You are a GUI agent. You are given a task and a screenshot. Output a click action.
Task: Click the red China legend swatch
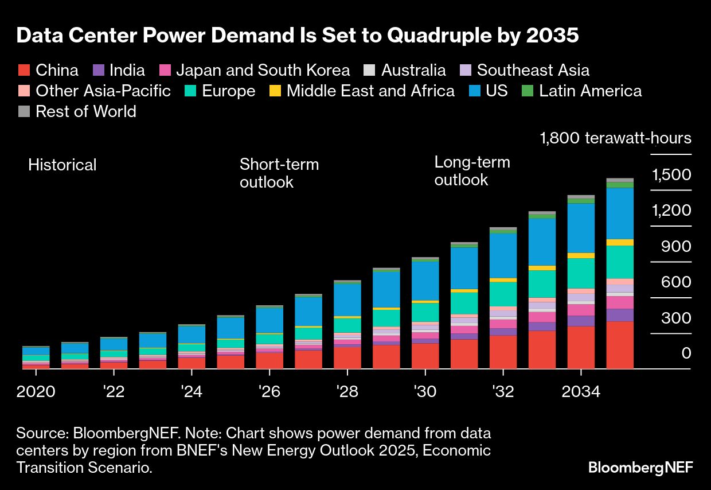(24, 71)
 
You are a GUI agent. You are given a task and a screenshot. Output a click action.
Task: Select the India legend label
(127, 71)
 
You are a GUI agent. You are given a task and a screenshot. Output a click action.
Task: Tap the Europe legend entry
(228, 91)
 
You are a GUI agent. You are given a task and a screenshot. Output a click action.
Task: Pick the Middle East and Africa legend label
(370, 91)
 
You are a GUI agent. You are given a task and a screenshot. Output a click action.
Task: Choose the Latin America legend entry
(590, 91)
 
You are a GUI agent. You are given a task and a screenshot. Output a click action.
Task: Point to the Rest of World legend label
(85, 111)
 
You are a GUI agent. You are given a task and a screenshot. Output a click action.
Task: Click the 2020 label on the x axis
(36, 392)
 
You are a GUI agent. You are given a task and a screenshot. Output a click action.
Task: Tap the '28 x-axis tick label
(347, 392)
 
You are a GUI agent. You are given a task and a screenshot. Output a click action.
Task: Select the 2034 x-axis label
(581, 392)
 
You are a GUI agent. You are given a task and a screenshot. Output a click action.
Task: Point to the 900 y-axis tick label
(676, 247)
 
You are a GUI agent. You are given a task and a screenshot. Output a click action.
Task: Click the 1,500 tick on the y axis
(671, 174)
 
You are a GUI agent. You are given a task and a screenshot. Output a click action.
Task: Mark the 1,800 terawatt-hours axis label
(615, 138)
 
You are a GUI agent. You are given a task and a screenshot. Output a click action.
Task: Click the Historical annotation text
(62, 165)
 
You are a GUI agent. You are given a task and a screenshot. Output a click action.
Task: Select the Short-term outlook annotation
(279, 173)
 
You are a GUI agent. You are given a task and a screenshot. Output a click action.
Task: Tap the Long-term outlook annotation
(472, 170)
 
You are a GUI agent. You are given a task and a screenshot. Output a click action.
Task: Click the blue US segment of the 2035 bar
(620, 213)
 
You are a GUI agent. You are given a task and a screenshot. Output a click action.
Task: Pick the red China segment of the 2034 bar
(581, 347)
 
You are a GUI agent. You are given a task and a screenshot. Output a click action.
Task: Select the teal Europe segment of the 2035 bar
(620, 262)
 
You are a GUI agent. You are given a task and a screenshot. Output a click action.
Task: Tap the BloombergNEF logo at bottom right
(640, 468)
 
